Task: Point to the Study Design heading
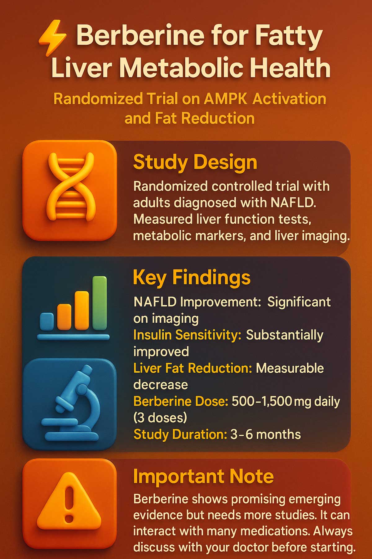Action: [x=195, y=162]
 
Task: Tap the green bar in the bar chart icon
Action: [x=100, y=303]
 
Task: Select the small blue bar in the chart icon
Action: [x=47, y=321]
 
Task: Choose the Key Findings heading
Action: [x=192, y=277]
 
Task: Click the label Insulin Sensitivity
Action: [x=187, y=335]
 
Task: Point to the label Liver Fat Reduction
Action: [x=193, y=368]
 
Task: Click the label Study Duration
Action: [x=180, y=434]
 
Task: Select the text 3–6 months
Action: [x=265, y=434]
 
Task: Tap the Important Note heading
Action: [x=203, y=476]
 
